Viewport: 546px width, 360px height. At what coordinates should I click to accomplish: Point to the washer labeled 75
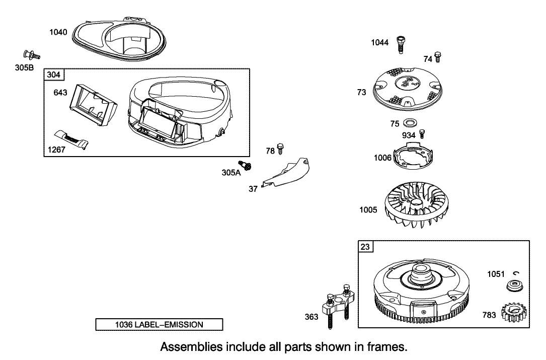coord(409,123)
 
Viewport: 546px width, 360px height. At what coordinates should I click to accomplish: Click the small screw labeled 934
coord(423,133)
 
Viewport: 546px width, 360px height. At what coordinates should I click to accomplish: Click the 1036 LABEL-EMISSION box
coord(159,325)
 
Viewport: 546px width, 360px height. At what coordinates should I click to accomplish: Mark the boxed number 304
coord(54,75)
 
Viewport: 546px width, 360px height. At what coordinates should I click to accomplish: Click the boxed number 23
coord(364,247)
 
